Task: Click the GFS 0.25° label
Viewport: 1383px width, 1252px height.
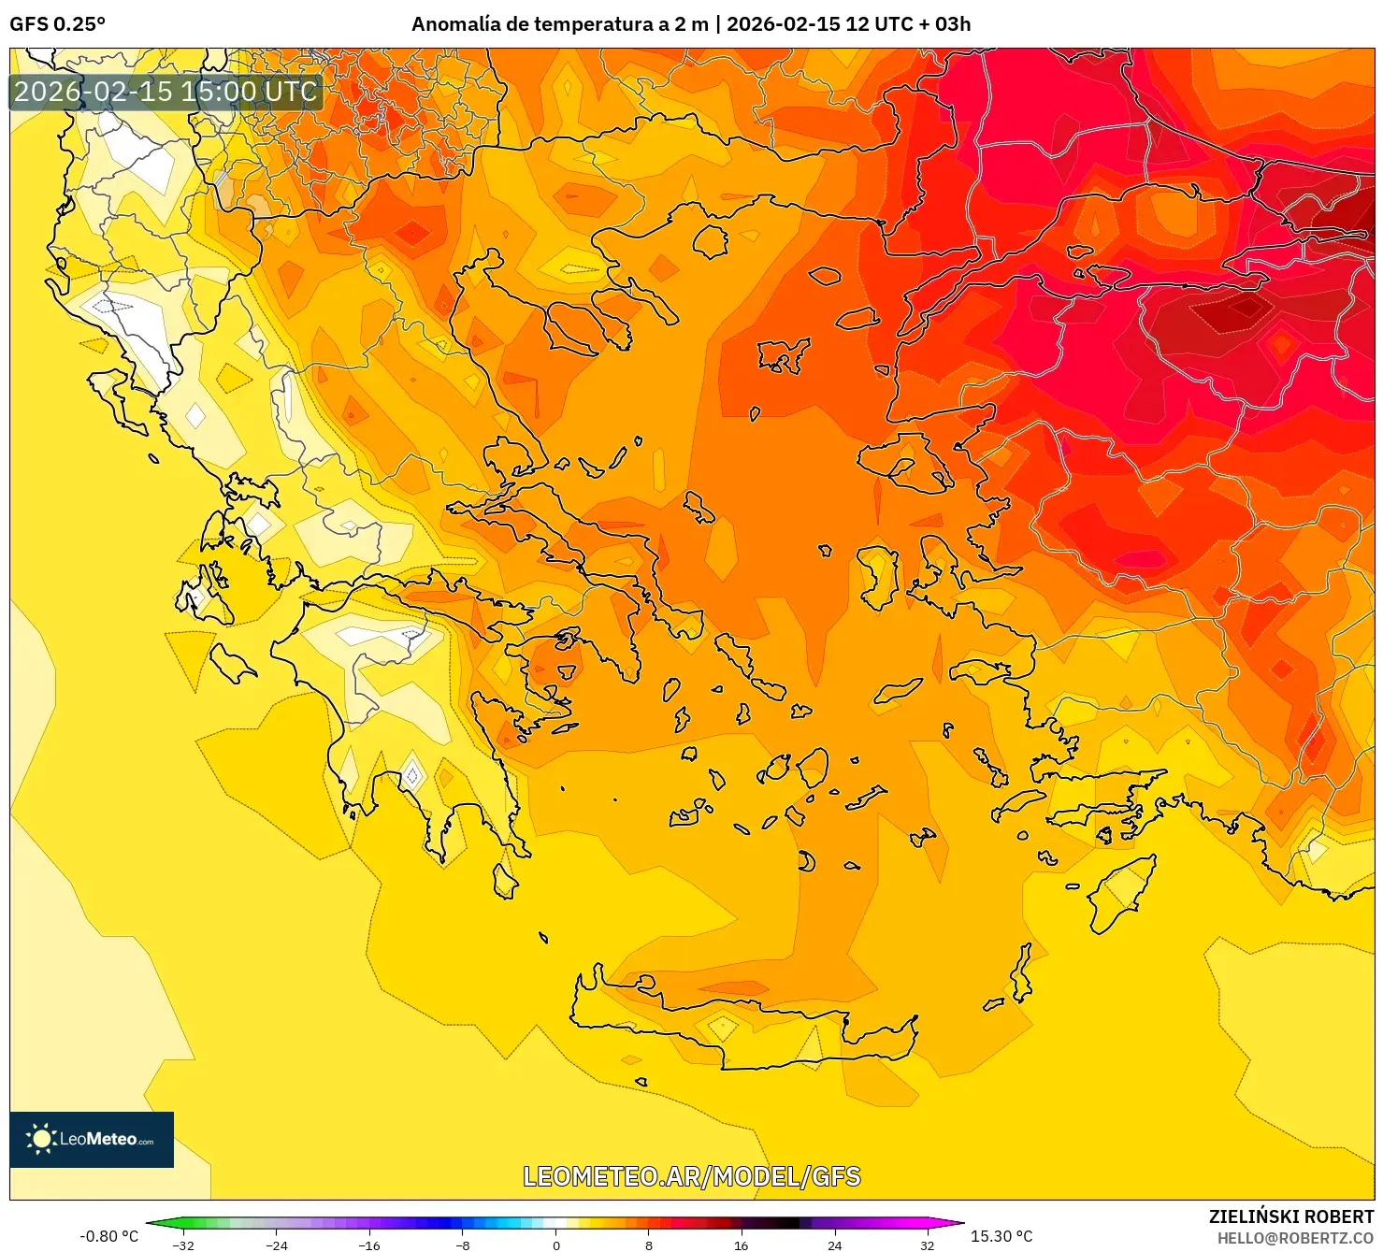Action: tap(57, 24)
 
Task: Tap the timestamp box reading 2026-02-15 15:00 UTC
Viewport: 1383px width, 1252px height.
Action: tap(166, 92)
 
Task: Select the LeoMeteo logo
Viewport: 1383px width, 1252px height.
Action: tap(92, 1139)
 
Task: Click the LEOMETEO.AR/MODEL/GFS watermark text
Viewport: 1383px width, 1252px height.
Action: tap(691, 1176)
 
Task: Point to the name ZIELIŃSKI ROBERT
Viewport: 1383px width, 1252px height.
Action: tap(1290, 1216)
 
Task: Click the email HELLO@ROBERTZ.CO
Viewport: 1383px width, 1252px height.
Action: tap(1294, 1238)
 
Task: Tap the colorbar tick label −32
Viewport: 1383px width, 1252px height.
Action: tap(183, 1245)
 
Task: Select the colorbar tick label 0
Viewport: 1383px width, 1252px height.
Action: tap(556, 1245)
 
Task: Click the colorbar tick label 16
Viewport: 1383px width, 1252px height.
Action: tap(742, 1245)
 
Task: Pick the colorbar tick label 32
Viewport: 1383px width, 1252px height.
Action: tap(927, 1245)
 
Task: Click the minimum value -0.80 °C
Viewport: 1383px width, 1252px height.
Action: tap(108, 1236)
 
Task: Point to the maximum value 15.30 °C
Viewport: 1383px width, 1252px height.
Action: tap(1001, 1236)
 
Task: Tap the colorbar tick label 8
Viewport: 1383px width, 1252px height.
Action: tap(649, 1245)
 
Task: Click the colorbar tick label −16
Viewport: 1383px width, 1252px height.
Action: tap(369, 1245)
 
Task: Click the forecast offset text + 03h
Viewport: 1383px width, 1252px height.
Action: tap(944, 24)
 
